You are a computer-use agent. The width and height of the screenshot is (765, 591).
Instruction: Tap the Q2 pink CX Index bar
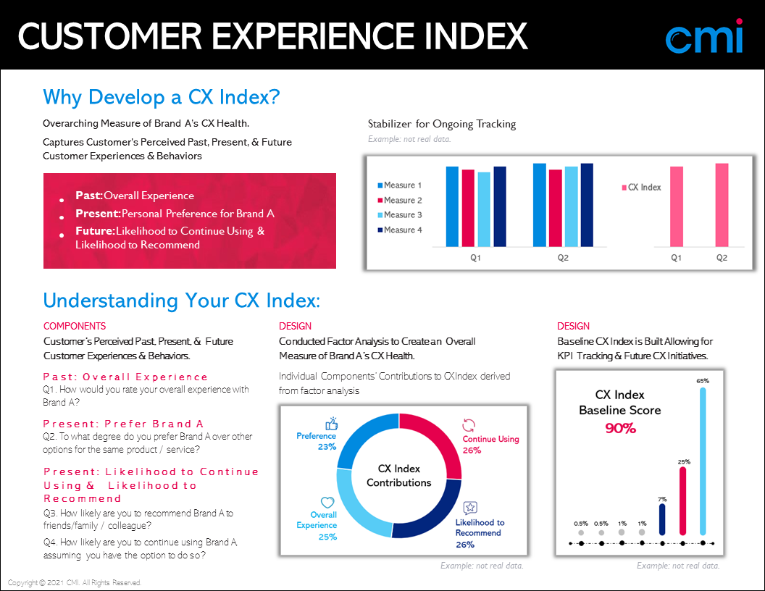pyautogui.click(x=722, y=205)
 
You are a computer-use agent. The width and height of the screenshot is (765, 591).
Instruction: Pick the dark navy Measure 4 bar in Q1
pyautogui.click(x=500, y=206)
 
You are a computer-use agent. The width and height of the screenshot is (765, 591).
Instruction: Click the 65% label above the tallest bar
pyautogui.click(x=703, y=380)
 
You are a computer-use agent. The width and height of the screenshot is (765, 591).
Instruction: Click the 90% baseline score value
pyautogui.click(x=620, y=429)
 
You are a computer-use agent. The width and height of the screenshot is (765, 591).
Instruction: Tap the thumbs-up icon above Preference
pyautogui.click(x=332, y=424)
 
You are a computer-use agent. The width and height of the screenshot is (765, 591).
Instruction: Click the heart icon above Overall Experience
pyautogui.click(x=327, y=502)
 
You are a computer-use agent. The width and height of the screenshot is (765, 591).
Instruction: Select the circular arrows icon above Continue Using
pyautogui.click(x=469, y=425)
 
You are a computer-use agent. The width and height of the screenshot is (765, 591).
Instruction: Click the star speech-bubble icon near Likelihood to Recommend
pyautogui.click(x=469, y=508)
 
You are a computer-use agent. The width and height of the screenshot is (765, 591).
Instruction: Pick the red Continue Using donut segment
pyautogui.click(x=439, y=439)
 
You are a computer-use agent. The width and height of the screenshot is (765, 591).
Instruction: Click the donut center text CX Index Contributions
pyautogui.click(x=398, y=476)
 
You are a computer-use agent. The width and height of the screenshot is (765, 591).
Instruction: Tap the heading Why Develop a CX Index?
pyautogui.click(x=162, y=97)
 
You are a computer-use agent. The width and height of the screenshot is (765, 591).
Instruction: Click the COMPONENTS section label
pyautogui.click(x=75, y=327)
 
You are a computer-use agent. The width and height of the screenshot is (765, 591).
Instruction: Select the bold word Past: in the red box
pyautogui.click(x=89, y=196)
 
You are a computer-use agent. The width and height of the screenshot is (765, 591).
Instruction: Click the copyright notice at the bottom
pyautogui.click(x=75, y=583)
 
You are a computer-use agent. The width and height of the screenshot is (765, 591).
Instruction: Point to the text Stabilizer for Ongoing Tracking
pyautogui.click(x=442, y=124)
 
